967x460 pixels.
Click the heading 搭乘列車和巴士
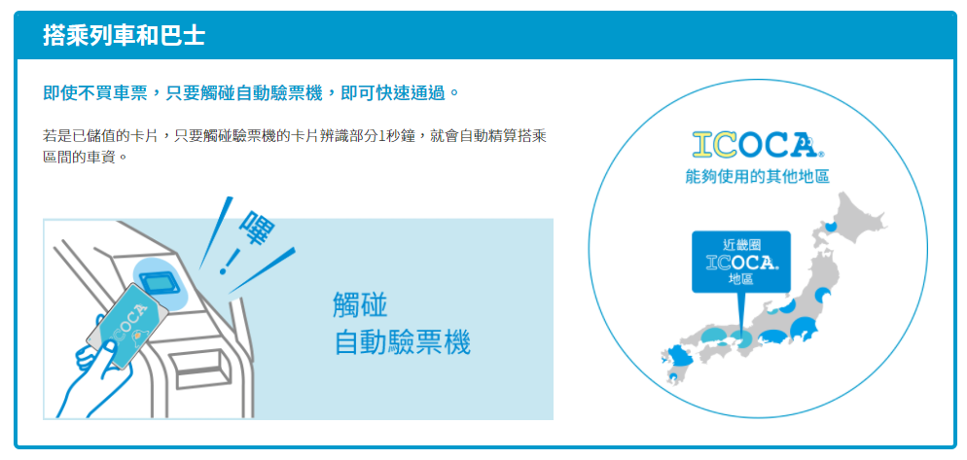(x=124, y=36)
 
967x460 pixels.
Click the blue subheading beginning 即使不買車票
(x=252, y=93)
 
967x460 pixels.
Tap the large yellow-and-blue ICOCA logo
(x=758, y=144)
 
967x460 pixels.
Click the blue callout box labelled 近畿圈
(x=741, y=262)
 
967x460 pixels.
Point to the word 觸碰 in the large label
(x=360, y=305)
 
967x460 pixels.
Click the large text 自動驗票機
(x=402, y=342)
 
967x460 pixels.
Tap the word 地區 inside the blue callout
(x=741, y=280)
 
